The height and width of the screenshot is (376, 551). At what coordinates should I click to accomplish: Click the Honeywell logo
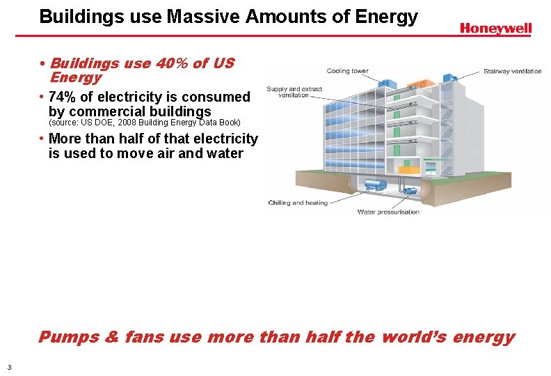495,29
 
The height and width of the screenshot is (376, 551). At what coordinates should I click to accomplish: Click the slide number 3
8,367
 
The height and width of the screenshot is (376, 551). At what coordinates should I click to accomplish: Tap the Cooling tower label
348,71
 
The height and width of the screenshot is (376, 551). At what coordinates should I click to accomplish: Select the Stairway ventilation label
512,71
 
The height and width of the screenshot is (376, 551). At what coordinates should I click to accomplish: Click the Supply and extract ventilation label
294,92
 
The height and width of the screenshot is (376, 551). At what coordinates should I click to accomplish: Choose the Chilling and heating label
298,203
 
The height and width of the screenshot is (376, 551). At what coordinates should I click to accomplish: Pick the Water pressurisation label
388,212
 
